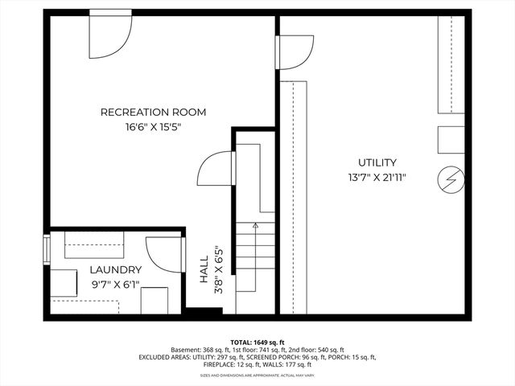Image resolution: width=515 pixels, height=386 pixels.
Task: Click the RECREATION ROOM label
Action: (x=153, y=112)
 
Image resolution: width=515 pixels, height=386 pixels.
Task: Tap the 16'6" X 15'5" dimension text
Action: (x=153, y=126)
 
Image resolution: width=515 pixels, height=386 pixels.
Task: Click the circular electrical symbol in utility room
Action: (x=451, y=180)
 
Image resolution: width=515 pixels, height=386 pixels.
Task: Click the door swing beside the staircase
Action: (x=216, y=168)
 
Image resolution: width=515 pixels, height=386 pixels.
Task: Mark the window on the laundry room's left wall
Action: (x=47, y=249)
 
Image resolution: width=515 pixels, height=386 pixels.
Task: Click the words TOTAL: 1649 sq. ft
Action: (x=257, y=342)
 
